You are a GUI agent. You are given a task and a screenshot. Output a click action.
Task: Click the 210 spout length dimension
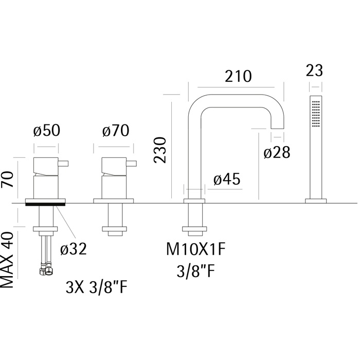point(238,76)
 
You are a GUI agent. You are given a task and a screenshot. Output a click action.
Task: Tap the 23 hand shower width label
point(314,70)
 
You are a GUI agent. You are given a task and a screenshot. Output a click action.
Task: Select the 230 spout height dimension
point(160,150)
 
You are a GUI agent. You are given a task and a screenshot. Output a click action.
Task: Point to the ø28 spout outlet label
point(277,152)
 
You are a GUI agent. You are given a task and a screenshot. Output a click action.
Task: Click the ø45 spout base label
point(227,179)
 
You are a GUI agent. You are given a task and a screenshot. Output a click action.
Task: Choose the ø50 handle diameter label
point(47,131)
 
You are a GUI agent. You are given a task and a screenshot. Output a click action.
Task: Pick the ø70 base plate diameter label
point(116,131)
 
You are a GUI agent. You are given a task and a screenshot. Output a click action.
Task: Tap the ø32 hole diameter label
point(74,248)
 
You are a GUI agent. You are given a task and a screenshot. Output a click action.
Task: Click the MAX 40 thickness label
point(7,260)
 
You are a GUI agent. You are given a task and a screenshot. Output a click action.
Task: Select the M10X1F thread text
point(196,249)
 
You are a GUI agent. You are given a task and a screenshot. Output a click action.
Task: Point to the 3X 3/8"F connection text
point(97,287)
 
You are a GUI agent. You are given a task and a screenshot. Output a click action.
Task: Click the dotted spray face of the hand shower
point(316,113)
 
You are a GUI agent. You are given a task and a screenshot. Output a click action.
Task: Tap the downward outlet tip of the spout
point(277,128)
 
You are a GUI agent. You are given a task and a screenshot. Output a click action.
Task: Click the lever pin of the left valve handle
point(63,164)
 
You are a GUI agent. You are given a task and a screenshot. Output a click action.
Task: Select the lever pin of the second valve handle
point(132,164)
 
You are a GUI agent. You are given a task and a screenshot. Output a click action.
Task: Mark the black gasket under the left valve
point(45,204)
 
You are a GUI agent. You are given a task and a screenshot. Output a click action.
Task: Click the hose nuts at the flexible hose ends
point(45,271)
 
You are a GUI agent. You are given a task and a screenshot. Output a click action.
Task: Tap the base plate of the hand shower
point(316,201)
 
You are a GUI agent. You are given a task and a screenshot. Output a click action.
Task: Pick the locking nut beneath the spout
point(194,229)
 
